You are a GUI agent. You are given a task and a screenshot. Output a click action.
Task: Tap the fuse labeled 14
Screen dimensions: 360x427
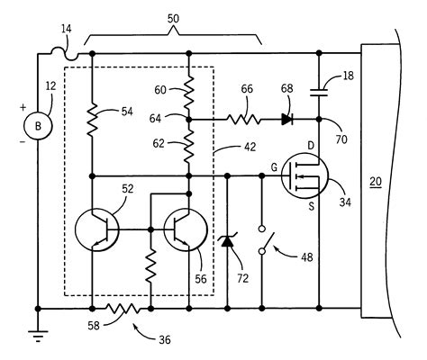pyautogui.click(x=69, y=56)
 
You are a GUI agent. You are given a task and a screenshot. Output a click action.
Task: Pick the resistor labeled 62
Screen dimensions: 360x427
pyautogui.click(x=189, y=144)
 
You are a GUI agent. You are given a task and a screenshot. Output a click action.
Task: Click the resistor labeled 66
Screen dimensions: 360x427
pyautogui.click(x=241, y=118)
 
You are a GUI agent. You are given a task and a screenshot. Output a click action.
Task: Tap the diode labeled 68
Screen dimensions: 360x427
pyautogui.click(x=287, y=118)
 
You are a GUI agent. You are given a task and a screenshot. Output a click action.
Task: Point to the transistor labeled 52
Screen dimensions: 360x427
pyautogui.click(x=95, y=229)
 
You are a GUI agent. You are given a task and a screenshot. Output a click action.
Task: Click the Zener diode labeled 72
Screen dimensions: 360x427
pyautogui.click(x=226, y=240)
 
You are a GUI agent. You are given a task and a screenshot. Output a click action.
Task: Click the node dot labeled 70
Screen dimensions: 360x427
pyautogui.click(x=323, y=118)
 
